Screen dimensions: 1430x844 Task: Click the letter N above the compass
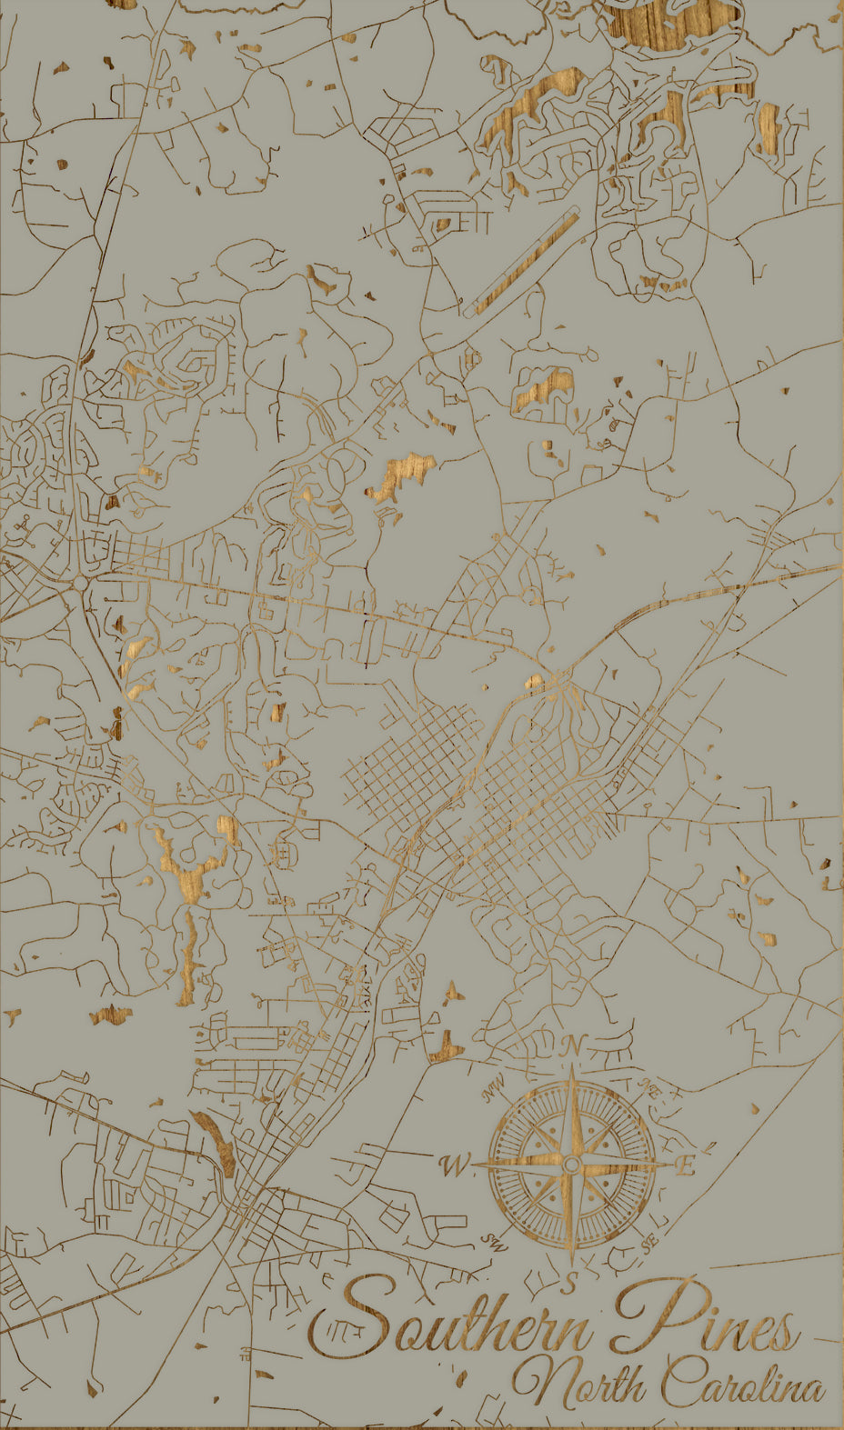pos(571,1046)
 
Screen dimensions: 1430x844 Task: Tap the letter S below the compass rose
pos(570,1284)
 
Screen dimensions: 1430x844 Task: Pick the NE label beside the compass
pos(648,1086)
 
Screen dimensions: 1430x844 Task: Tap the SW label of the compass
pos(493,1240)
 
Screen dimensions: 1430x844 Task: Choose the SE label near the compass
pos(648,1243)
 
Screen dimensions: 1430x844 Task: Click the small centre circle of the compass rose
pos(571,1165)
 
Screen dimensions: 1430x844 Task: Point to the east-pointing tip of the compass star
pos(661,1165)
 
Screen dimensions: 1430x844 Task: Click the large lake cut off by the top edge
pos(673,23)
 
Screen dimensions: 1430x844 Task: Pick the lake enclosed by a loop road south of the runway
pos(546,386)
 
